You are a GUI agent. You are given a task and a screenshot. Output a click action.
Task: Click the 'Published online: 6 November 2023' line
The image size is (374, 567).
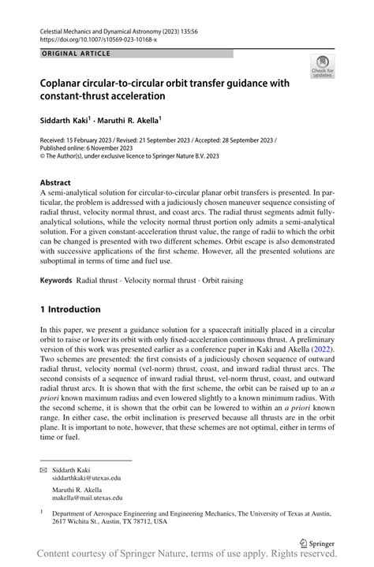click(88, 147)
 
